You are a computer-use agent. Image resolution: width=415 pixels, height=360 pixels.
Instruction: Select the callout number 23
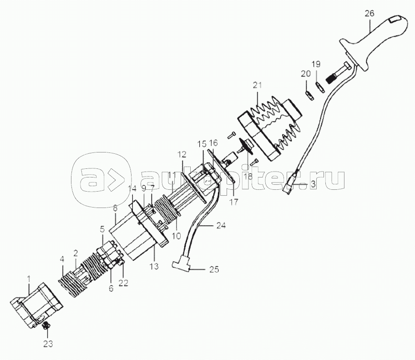click(48, 344)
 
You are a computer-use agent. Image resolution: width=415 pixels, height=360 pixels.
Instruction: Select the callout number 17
click(233, 202)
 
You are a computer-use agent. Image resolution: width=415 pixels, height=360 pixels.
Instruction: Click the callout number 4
click(62, 260)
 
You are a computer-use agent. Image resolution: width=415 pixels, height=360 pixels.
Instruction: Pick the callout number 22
click(123, 282)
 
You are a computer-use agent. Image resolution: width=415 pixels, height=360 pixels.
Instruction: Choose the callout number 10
click(176, 236)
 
